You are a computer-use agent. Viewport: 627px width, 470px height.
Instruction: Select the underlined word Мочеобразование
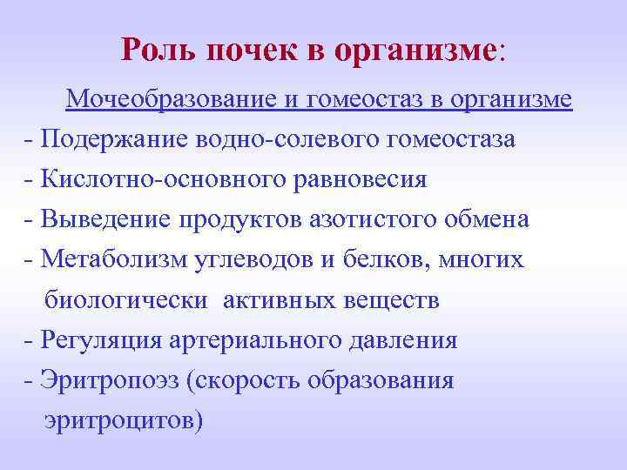(x=172, y=100)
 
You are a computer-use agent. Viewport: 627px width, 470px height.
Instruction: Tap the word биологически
(x=125, y=301)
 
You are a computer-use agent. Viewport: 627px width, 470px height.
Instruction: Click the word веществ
(x=396, y=301)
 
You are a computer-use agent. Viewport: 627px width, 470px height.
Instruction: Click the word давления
(x=408, y=340)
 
